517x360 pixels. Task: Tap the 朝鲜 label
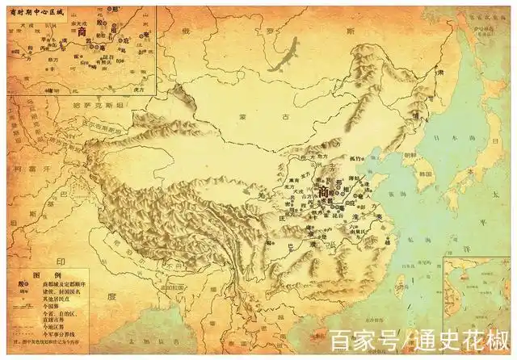point(410,156)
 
